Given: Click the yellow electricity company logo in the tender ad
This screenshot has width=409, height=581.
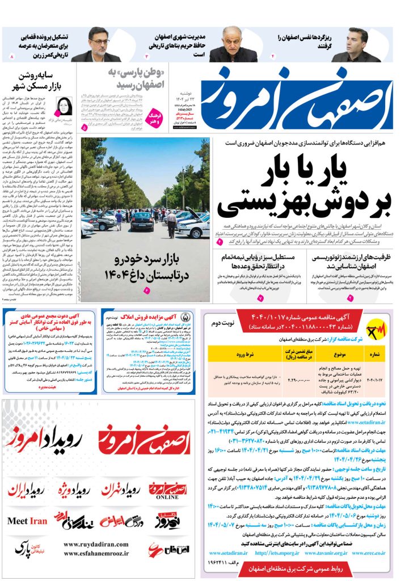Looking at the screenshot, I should (x=377, y=330).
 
